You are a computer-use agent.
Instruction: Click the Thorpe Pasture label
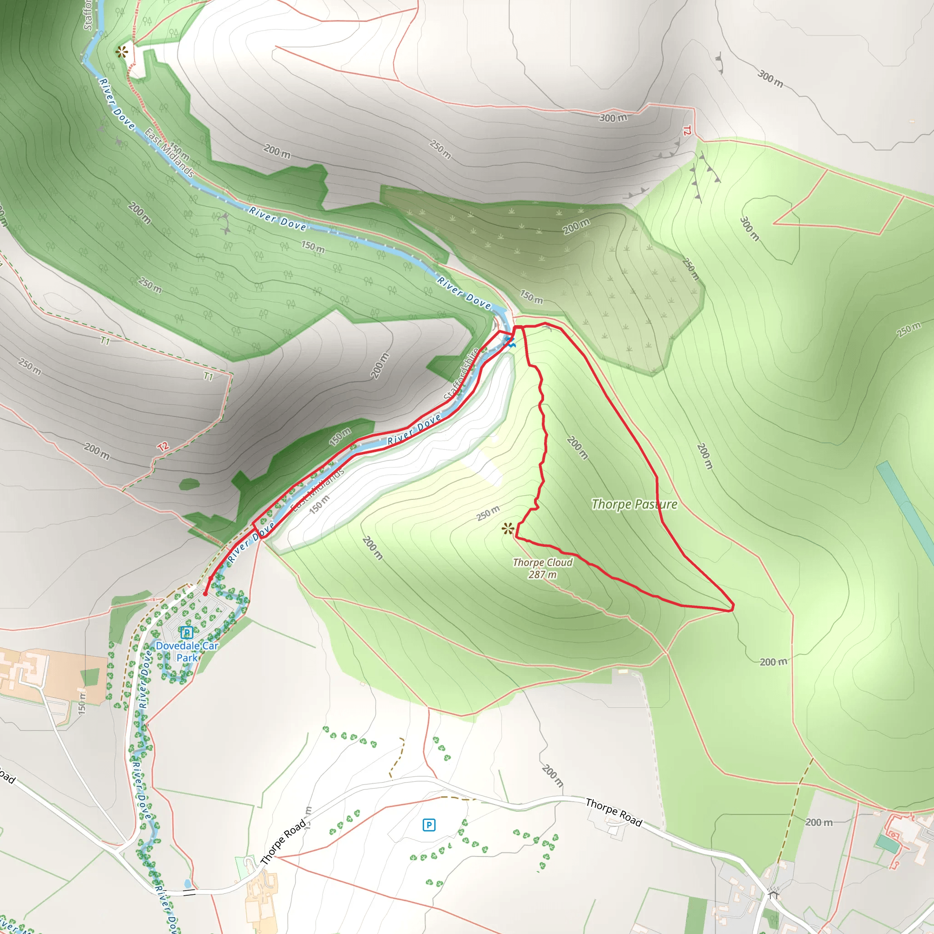pyautogui.click(x=634, y=504)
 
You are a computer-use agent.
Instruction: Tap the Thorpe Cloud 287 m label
pyautogui.click(x=542, y=568)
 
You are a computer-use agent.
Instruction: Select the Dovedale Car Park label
pyautogui.click(x=187, y=651)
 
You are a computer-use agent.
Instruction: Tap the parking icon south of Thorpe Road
pyautogui.click(x=429, y=825)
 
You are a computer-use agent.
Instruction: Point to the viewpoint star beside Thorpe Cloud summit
pyautogui.click(x=508, y=529)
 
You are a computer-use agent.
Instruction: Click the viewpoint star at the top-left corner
pyautogui.click(x=122, y=52)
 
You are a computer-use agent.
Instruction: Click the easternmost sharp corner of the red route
pyautogui.click(x=733, y=607)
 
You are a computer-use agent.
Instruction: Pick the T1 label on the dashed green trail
pyautogui.click(x=208, y=376)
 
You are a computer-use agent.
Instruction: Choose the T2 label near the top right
pyautogui.click(x=687, y=130)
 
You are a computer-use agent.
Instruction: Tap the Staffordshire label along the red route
pyautogui.click(x=461, y=374)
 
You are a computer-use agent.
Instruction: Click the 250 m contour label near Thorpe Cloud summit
pyautogui.click(x=488, y=513)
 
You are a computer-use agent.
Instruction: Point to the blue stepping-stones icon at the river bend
pyautogui.click(x=510, y=342)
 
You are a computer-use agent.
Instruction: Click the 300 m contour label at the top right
pyautogui.click(x=770, y=78)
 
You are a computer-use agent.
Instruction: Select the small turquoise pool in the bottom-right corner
pyautogui.click(x=887, y=844)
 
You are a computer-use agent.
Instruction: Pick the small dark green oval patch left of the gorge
pyautogui.click(x=189, y=484)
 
